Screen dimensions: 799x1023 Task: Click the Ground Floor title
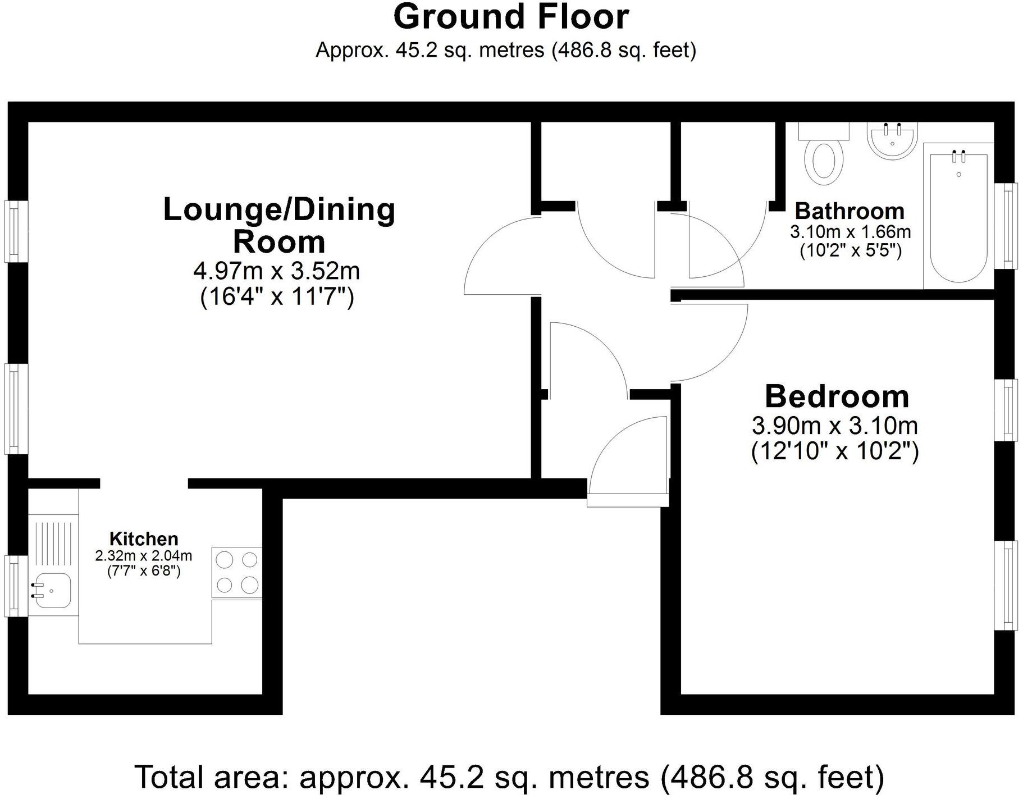[511, 17]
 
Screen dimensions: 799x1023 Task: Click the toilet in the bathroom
[824, 160]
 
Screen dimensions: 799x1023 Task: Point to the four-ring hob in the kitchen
[237, 572]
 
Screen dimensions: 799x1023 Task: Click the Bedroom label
[837, 396]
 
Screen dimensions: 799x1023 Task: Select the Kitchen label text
[144, 538]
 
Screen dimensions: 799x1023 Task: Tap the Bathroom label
[850, 211]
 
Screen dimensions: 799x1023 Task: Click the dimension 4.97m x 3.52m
[276, 271]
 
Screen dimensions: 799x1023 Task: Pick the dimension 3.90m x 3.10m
[835, 426]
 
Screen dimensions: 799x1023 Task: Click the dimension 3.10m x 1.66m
[850, 231]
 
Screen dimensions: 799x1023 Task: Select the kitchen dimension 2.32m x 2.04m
[144, 556]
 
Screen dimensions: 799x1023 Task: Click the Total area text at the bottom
[509, 778]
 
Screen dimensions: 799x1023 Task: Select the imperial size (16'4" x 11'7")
[277, 296]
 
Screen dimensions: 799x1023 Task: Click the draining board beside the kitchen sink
[53, 542]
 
